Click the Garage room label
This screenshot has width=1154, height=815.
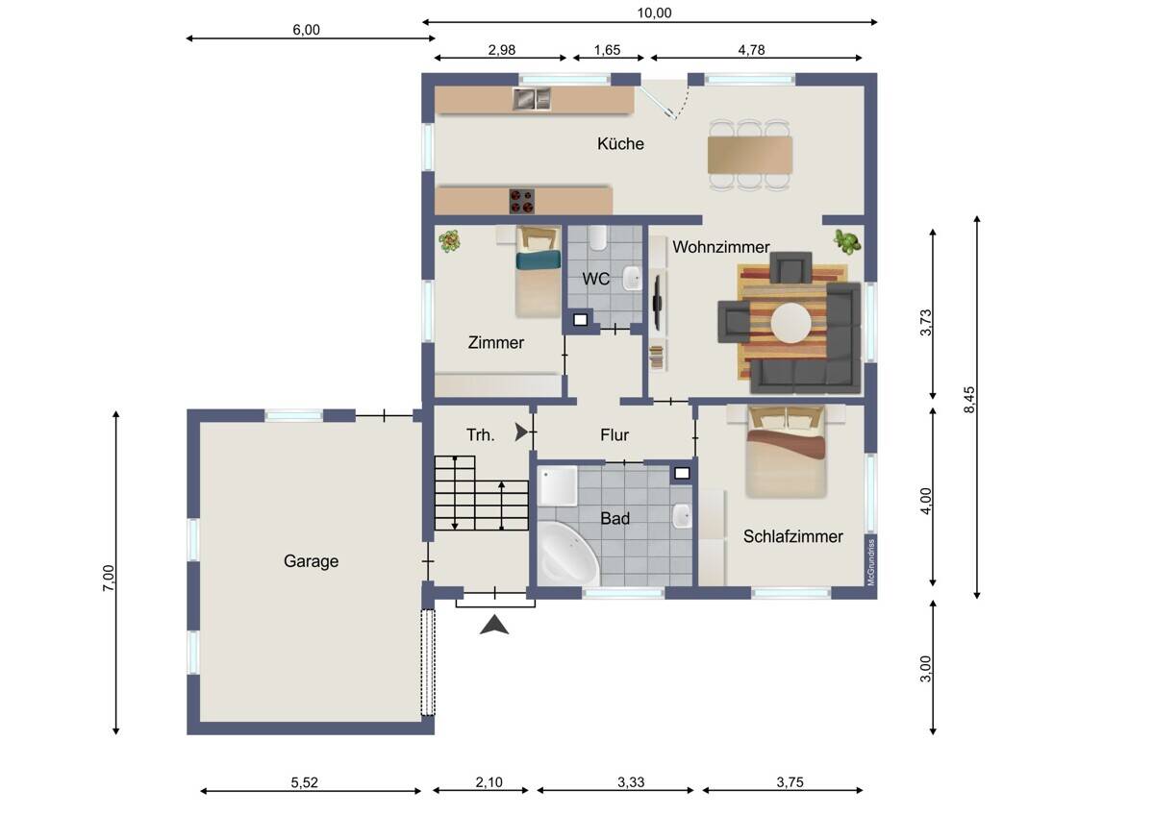coord(311,560)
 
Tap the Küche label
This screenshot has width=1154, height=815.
coord(620,143)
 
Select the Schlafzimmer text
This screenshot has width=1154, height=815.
coord(792,536)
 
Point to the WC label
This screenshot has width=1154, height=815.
coord(595,279)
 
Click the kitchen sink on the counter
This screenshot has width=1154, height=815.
coord(532,99)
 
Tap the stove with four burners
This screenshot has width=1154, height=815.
coord(522,201)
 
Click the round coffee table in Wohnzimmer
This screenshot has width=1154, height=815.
coord(790,323)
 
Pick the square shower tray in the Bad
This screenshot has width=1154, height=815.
coord(558,486)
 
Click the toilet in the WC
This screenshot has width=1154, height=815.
coord(597,237)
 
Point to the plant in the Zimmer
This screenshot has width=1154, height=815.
coord(449,240)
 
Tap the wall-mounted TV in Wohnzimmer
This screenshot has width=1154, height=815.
coord(658,303)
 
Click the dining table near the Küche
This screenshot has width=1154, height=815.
coord(749,155)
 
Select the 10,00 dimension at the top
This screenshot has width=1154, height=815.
coord(654,12)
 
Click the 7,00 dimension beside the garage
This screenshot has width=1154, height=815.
coord(109,578)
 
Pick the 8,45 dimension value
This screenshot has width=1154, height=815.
coord(969,400)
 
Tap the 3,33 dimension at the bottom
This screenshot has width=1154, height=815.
coord(631,782)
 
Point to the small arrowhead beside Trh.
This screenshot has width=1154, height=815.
coord(521,432)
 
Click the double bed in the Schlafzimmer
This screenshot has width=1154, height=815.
coord(787,452)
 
